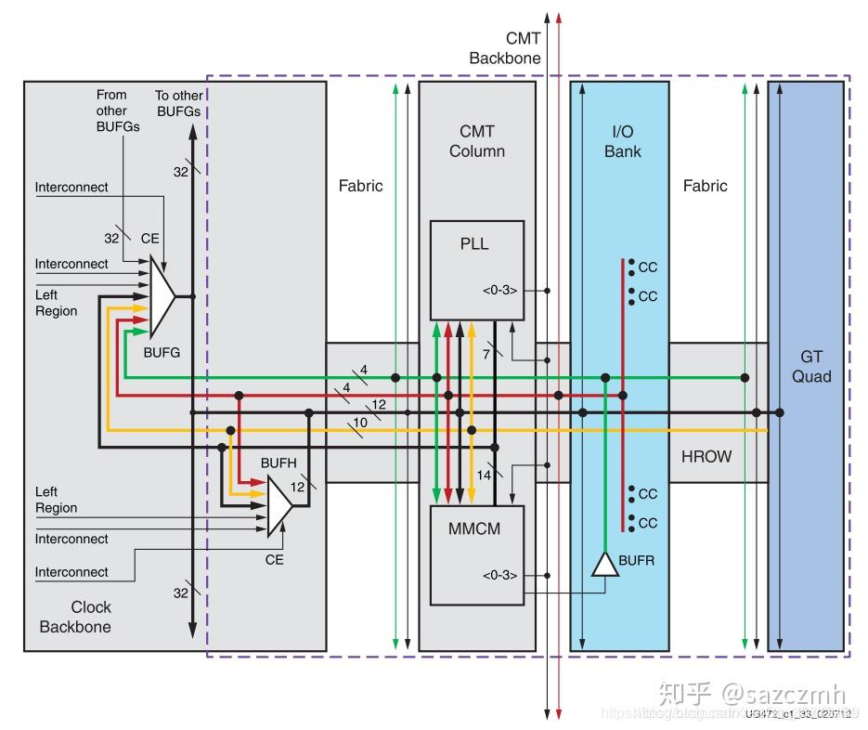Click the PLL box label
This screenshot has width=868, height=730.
click(474, 244)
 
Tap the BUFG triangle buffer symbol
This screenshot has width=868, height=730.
click(162, 296)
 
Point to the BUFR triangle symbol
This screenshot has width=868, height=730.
click(604, 564)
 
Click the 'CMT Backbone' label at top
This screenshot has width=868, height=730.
click(504, 48)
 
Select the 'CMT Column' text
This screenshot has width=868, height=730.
click(476, 141)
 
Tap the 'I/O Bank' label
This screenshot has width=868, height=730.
click(622, 141)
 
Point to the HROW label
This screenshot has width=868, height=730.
click(706, 456)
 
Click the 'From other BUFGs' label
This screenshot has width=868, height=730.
click(118, 111)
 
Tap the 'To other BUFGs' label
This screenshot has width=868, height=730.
click(179, 103)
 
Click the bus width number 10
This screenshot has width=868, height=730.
click(360, 423)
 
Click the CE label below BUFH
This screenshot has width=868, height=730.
click(274, 559)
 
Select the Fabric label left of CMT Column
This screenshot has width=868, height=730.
click(360, 186)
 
